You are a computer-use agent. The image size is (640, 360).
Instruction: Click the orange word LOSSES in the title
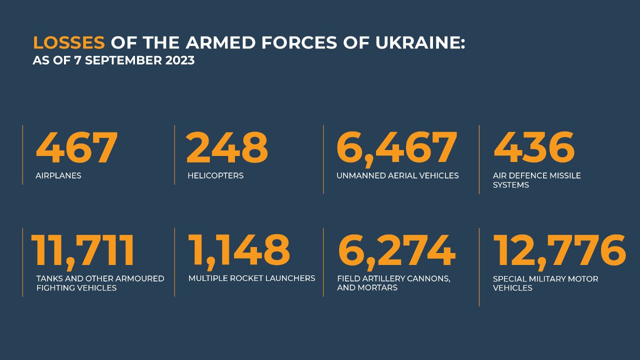(x=69, y=42)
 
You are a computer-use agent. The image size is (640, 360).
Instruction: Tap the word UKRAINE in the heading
(x=420, y=42)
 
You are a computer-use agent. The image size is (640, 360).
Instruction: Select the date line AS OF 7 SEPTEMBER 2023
(x=113, y=60)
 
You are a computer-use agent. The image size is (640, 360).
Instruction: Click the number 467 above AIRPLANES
(x=76, y=147)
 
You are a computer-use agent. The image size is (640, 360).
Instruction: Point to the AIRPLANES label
(x=58, y=175)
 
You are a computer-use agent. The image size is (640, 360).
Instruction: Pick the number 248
(x=227, y=147)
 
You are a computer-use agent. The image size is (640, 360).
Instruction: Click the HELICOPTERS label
(x=215, y=175)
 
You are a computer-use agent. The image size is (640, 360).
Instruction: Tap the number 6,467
(x=397, y=149)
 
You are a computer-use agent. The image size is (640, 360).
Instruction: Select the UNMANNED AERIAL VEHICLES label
(x=397, y=175)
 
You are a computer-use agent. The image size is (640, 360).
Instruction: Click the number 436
(x=534, y=147)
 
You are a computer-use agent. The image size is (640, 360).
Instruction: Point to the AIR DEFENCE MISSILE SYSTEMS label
(x=537, y=180)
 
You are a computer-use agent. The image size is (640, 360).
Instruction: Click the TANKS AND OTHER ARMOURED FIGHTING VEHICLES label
(x=100, y=283)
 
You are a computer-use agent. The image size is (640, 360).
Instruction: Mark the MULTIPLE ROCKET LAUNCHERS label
(x=251, y=278)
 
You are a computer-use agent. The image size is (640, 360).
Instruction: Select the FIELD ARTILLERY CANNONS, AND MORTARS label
(x=393, y=283)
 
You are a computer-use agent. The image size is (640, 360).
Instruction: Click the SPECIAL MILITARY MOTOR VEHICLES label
(x=545, y=283)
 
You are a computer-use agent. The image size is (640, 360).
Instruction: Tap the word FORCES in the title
(x=299, y=42)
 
